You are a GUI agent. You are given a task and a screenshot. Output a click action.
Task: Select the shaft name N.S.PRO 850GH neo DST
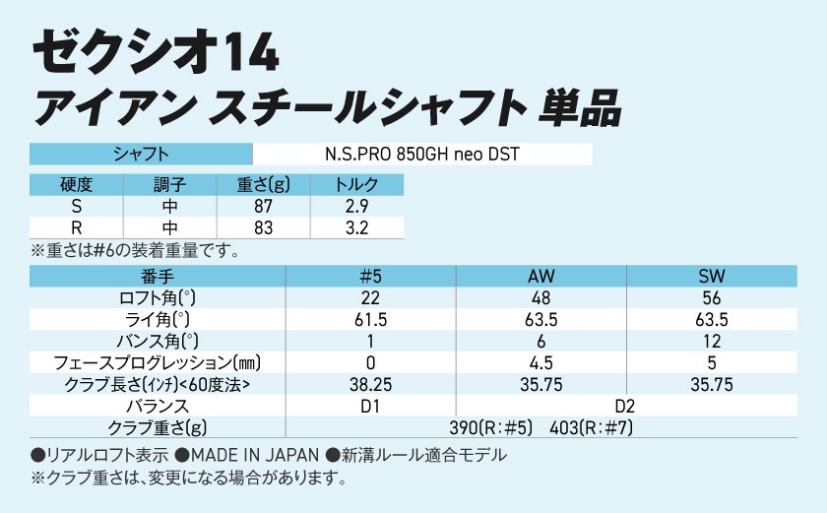422,155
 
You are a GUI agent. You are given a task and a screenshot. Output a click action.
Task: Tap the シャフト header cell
142,155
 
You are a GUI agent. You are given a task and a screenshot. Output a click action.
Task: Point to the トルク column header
356,186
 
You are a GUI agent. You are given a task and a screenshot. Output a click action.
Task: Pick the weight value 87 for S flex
263,207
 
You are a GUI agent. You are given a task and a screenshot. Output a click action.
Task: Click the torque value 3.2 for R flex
356,228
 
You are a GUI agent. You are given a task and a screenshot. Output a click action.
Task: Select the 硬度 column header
76,186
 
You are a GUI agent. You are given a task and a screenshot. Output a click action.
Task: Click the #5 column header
370,276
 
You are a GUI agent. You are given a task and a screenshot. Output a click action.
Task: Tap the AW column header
541,276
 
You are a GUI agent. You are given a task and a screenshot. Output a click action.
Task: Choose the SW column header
711,276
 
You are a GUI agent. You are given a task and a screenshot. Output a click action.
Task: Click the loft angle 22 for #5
370,297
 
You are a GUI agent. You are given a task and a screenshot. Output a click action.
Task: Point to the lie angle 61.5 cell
370,319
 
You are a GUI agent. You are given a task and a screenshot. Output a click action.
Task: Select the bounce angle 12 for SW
711,341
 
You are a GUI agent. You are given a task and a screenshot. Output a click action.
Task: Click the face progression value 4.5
541,362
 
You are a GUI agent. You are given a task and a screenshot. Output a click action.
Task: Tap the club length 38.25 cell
370,384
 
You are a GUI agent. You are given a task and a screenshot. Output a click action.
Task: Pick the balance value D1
370,406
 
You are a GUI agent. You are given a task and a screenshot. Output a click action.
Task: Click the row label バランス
158,406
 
